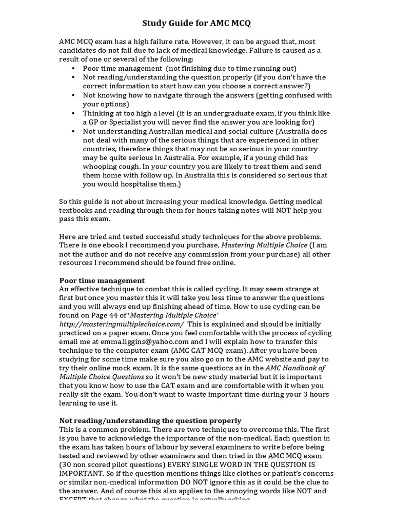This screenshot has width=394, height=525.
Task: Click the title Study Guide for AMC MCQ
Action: point(196,23)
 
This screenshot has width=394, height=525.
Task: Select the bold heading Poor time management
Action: point(102,280)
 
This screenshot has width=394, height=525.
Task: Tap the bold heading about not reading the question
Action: point(150,420)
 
